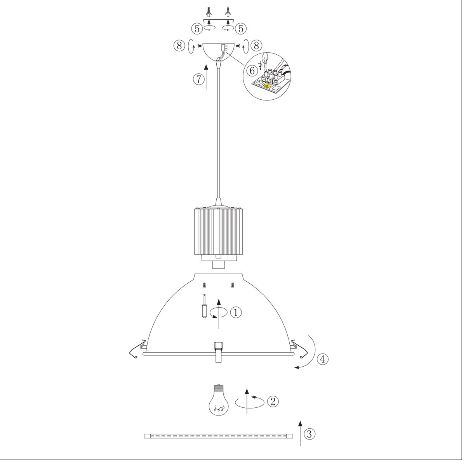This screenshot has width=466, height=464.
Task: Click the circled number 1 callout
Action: coord(236,313)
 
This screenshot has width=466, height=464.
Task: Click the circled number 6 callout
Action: coord(252,71)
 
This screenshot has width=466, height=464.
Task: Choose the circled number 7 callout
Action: coord(198,79)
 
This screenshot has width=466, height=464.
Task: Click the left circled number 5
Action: coord(197,29)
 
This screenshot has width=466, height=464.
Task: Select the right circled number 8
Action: coord(256,45)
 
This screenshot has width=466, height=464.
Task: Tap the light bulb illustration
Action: coord(219,403)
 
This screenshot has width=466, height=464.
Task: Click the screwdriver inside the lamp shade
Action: coord(205,307)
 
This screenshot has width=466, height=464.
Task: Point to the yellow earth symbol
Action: coord(267,86)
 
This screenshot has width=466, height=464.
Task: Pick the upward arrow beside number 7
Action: coord(206,77)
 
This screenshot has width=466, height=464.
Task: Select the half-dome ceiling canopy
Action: coord(218,52)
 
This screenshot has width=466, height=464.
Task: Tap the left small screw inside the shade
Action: coord(205,285)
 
